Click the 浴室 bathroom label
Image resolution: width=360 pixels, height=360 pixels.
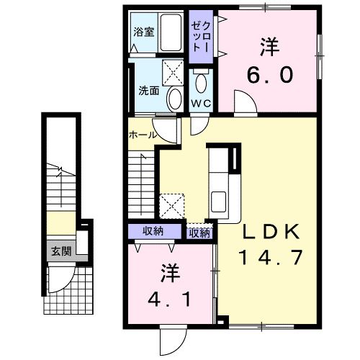tap(144, 32)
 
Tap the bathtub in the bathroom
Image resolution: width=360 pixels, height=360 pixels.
tap(171, 32)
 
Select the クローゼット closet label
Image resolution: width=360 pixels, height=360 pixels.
tap(202, 37)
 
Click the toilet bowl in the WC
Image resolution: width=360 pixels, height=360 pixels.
tap(201, 81)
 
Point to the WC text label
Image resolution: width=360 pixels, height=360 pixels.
tap(201, 104)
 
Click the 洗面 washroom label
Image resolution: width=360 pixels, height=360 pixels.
tap(149, 91)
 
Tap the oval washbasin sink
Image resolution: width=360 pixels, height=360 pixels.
tap(174, 99)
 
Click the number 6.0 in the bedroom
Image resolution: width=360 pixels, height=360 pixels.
tap(270, 75)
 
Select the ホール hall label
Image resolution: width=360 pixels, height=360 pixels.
tap(143, 135)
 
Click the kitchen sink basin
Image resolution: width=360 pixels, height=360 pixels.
tap(218, 202)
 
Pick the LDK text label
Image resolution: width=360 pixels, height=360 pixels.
tap(271, 232)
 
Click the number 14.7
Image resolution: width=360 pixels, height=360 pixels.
tap(270, 257)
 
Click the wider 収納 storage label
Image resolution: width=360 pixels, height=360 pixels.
tap(153, 231)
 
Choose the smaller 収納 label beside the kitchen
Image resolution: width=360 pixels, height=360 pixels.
tap(199, 233)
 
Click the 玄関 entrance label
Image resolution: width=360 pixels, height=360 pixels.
tap(61, 251)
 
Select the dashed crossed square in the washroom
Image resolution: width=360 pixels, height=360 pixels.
tap(173, 73)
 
